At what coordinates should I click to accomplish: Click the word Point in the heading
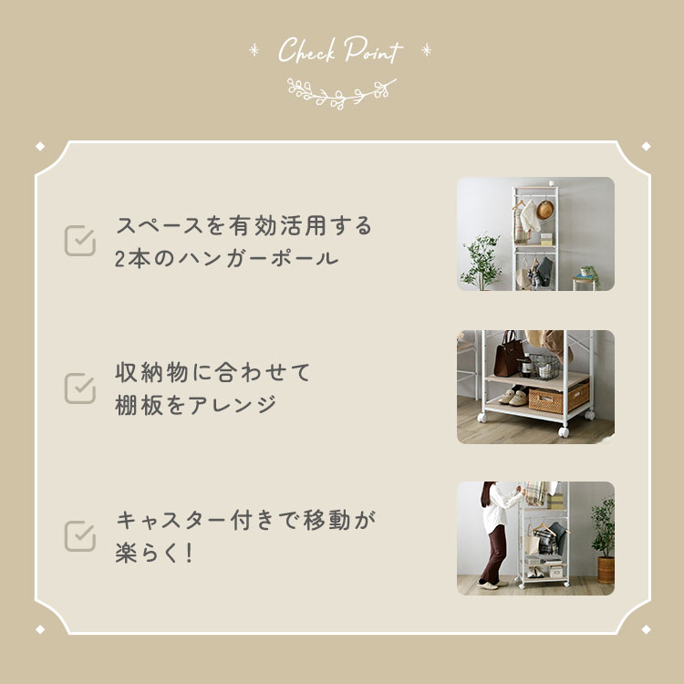point(372,52)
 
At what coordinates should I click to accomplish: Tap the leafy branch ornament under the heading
point(341,89)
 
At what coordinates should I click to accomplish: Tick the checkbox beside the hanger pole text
point(80,241)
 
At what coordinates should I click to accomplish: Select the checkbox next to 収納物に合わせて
point(80,388)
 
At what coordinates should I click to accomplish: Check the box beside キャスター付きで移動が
point(80,536)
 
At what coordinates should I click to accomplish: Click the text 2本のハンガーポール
point(227,258)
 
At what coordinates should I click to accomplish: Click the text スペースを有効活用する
point(244,225)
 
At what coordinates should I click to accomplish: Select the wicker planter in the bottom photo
point(605,566)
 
